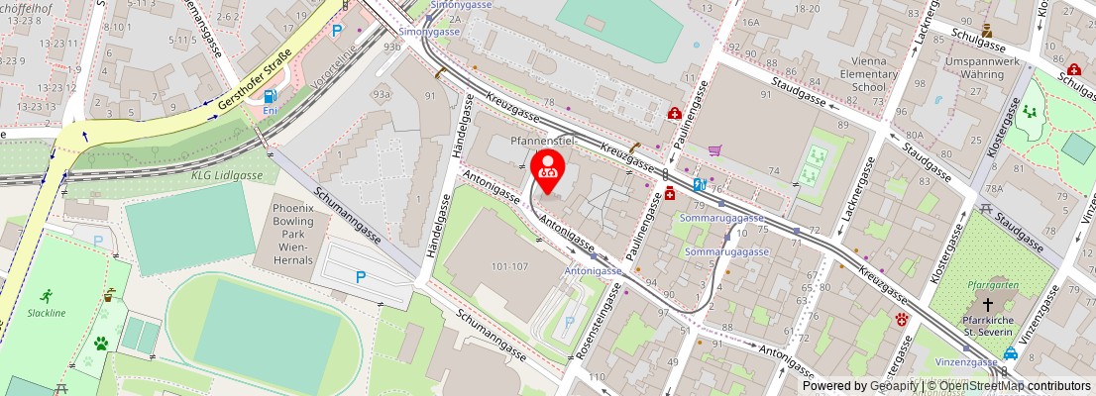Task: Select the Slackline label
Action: pos(48,312)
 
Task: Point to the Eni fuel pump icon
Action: pos(271,98)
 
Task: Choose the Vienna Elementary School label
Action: pos(862,73)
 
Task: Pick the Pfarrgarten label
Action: pos(987,286)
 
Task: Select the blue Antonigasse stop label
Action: pos(593,270)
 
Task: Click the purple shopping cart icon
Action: pos(714,151)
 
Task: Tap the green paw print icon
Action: pos(101,343)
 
